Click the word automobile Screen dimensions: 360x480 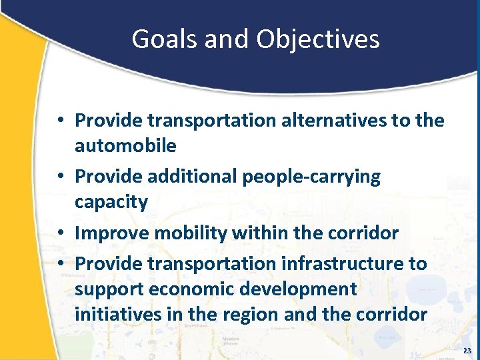pos(125,145)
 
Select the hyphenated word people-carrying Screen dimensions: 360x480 pos(311,177)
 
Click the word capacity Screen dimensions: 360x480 pos(111,202)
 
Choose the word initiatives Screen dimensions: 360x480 pos(113,314)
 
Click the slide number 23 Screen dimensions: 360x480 pos(467,351)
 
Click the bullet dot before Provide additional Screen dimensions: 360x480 pos(60,177)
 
